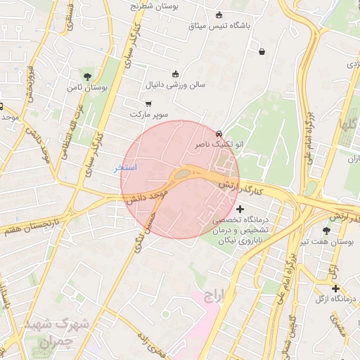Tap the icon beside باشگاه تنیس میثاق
click(219, 15)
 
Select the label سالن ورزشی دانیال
click(175, 84)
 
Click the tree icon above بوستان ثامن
click(87, 76)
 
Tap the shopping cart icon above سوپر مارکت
click(148, 103)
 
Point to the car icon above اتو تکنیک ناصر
click(219, 133)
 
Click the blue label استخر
click(126, 168)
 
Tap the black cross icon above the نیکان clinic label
click(240, 209)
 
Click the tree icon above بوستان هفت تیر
click(326, 230)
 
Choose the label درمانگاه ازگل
click(335, 300)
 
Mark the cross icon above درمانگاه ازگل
click(335, 288)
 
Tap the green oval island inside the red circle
click(181, 173)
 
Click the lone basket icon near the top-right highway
click(262, 51)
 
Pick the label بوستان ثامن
click(86, 89)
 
